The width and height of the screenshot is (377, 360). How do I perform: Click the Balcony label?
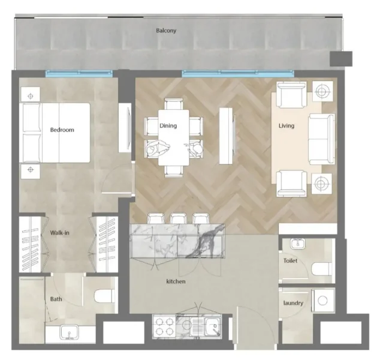[x=166, y=30]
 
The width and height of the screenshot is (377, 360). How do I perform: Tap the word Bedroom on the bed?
[x=62, y=130]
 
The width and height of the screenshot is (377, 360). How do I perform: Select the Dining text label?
[x=168, y=126]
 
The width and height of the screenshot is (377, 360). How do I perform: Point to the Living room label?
[x=286, y=127]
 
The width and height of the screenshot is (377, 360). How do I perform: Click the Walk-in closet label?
[x=59, y=233]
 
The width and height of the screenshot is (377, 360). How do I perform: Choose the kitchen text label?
[x=176, y=281]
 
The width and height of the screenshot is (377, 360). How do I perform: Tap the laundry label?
[x=293, y=304]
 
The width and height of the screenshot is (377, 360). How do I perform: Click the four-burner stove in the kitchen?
[x=164, y=326]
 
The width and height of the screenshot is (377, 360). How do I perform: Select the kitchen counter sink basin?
[x=210, y=327]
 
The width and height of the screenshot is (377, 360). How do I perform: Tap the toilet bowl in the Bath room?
[x=104, y=296]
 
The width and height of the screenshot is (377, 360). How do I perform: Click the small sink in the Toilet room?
[x=296, y=244]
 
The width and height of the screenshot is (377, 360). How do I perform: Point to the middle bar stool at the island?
[x=179, y=218]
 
